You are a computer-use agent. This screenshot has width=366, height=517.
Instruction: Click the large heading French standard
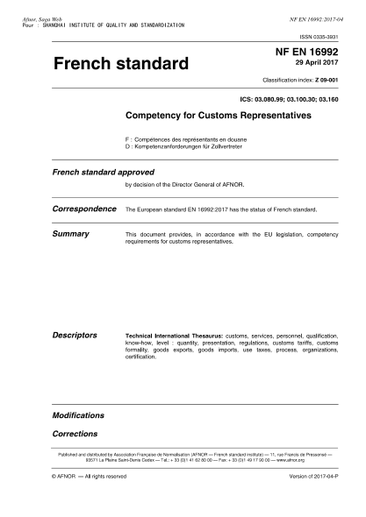point(120,64)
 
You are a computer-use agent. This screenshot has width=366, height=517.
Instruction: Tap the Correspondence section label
point(85,210)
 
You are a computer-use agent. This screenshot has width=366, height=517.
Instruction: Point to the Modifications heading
point(78,414)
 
